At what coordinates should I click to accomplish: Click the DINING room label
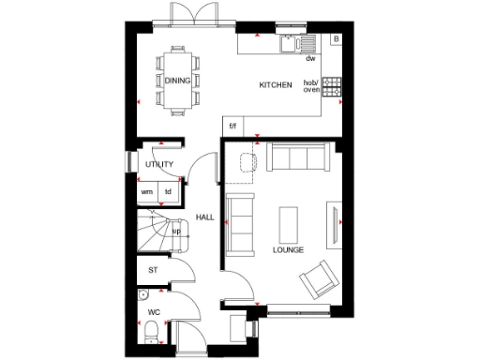(178, 82)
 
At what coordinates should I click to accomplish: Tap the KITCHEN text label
(276, 85)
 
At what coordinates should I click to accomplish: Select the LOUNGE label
(288, 250)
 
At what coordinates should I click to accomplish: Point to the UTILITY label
(159, 165)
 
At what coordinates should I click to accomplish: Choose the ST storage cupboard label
(153, 270)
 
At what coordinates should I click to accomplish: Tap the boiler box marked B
(336, 40)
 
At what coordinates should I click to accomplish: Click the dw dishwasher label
(309, 58)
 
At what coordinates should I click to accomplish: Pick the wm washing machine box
(147, 192)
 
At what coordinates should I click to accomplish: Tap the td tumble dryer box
(169, 192)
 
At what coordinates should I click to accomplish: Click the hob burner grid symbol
(331, 83)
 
